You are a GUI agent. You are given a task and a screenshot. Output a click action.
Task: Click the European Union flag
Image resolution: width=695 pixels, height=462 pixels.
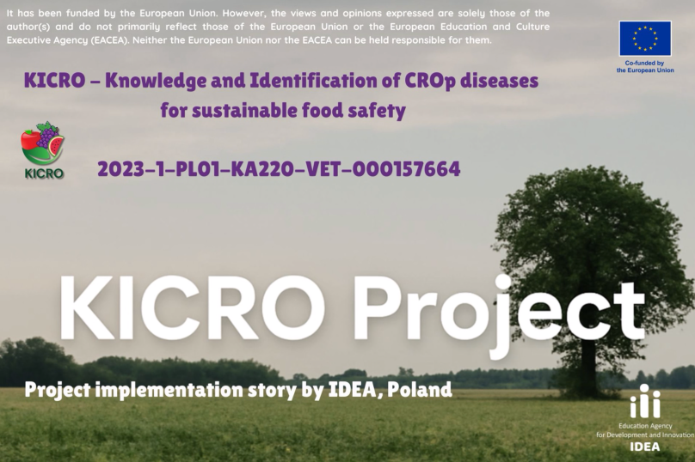point(645,39)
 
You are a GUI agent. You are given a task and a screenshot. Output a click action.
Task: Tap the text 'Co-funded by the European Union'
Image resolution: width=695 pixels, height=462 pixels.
point(645,67)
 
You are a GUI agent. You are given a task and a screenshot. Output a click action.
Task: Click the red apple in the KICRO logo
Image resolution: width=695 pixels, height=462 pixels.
point(30,142)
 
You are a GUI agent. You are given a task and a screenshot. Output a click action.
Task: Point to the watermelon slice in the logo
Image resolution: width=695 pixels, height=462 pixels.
point(56,146)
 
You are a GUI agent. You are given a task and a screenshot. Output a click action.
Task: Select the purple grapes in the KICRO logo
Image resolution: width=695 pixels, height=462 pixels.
point(47,134)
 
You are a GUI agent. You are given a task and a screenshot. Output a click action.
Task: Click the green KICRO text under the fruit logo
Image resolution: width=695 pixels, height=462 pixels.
point(44,173)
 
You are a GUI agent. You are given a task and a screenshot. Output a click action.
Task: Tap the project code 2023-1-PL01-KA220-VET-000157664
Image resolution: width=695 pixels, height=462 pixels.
point(279,169)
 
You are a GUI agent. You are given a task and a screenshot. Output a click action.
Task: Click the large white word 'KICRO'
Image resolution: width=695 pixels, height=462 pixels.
point(192,308)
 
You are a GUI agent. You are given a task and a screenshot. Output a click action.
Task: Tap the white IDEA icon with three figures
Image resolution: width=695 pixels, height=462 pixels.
point(645,401)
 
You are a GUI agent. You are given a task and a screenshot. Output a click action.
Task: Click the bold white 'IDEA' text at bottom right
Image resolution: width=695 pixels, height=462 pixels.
point(645,447)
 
